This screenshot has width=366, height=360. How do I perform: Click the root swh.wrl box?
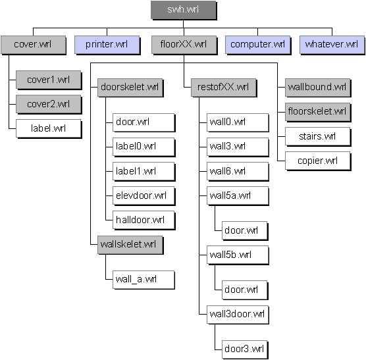[184, 10]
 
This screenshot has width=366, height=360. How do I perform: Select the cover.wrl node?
[33, 45]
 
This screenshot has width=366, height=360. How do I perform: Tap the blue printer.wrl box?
[107, 45]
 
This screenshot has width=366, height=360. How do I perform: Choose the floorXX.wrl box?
[184, 45]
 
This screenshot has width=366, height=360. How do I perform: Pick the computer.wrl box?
[258, 45]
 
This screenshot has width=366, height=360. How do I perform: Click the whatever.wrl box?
[332, 45]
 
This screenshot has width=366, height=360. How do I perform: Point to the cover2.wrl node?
[49, 104]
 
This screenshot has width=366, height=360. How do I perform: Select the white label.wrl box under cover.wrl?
[49, 128]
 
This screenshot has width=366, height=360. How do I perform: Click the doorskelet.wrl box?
[130, 88]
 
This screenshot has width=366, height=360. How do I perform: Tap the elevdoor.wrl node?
[144, 195]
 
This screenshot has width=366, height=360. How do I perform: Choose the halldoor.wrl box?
[144, 220]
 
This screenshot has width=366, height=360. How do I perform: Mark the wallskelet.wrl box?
[130, 245]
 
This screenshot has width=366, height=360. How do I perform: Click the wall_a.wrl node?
[144, 280]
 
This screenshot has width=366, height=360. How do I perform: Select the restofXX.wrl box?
[224, 88]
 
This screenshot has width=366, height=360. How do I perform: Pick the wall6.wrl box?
[238, 172]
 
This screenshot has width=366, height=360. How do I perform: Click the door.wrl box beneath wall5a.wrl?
[245, 231]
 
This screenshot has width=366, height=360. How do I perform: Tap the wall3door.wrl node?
[238, 315]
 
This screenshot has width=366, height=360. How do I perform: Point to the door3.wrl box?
[245, 349]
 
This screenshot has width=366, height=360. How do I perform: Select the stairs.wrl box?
[318, 137]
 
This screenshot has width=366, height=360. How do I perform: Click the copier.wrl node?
[318, 161]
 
